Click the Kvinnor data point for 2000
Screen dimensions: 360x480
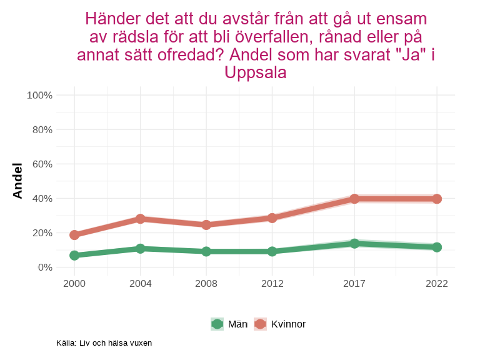coord(74,235)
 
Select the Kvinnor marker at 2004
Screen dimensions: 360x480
coord(141,219)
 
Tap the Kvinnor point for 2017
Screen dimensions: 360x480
coord(354,199)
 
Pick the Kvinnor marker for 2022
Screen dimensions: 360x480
coord(437,199)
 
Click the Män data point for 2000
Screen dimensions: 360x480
coord(74,255)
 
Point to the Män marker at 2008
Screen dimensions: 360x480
coord(206,251)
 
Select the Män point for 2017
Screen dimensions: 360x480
coord(354,243)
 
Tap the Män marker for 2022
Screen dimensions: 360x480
coord(437,247)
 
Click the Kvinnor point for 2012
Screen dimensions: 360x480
coord(272,218)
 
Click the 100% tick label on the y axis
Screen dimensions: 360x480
coord(39,95)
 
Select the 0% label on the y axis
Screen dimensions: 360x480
coord(44,267)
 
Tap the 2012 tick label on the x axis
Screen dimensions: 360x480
coord(272,284)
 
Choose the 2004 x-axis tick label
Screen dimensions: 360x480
coord(141,284)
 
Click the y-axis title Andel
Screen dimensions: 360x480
coord(17,181)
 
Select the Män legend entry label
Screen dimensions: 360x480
coord(237,324)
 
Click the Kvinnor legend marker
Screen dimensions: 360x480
coord(260,324)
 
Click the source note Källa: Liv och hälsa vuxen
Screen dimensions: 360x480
coord(104,343)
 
